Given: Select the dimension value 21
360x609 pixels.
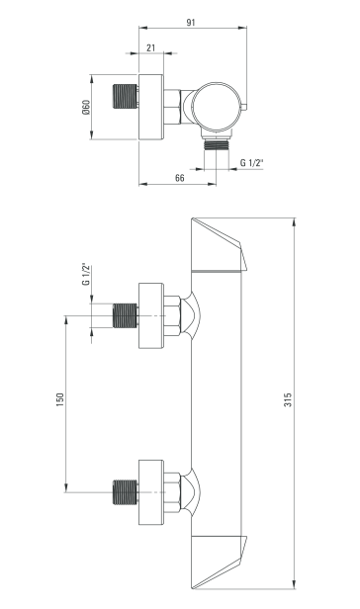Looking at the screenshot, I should (149, 46).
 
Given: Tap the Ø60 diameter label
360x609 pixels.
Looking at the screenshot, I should (86, 108).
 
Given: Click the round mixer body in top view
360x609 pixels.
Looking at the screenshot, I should (216, 107).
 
